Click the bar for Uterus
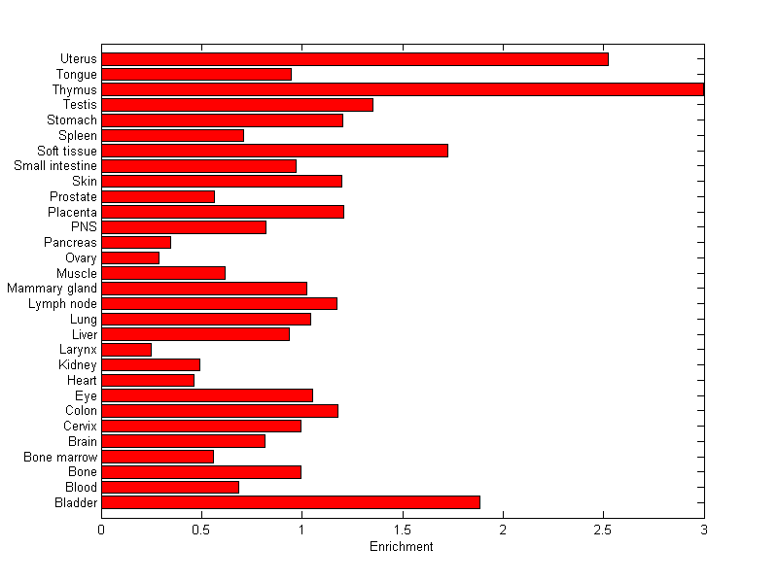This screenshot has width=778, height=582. click(355, 59)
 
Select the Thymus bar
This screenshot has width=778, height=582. click(403, 89)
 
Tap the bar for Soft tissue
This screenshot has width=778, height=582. click(274, 151)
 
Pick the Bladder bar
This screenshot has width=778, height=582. click(291, 502)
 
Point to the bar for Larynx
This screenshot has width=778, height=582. click(126, 350)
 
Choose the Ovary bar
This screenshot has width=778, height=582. click(130, 258)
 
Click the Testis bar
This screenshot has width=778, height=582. click(237, 105)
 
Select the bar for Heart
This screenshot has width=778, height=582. click(148, 380)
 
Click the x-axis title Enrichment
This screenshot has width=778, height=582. click(402, 547)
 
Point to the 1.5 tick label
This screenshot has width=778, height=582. click(403, 530)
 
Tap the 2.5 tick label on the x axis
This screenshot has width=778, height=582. click(603, 530)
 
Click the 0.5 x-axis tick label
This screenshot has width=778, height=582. click(201, 530)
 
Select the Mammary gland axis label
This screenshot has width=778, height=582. click(52, 289)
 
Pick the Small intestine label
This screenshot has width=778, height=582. click(55, 166)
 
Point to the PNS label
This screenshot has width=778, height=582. click(84, 227)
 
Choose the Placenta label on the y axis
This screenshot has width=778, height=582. click(72, 212)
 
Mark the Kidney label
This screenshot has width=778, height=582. click(78, 365)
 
